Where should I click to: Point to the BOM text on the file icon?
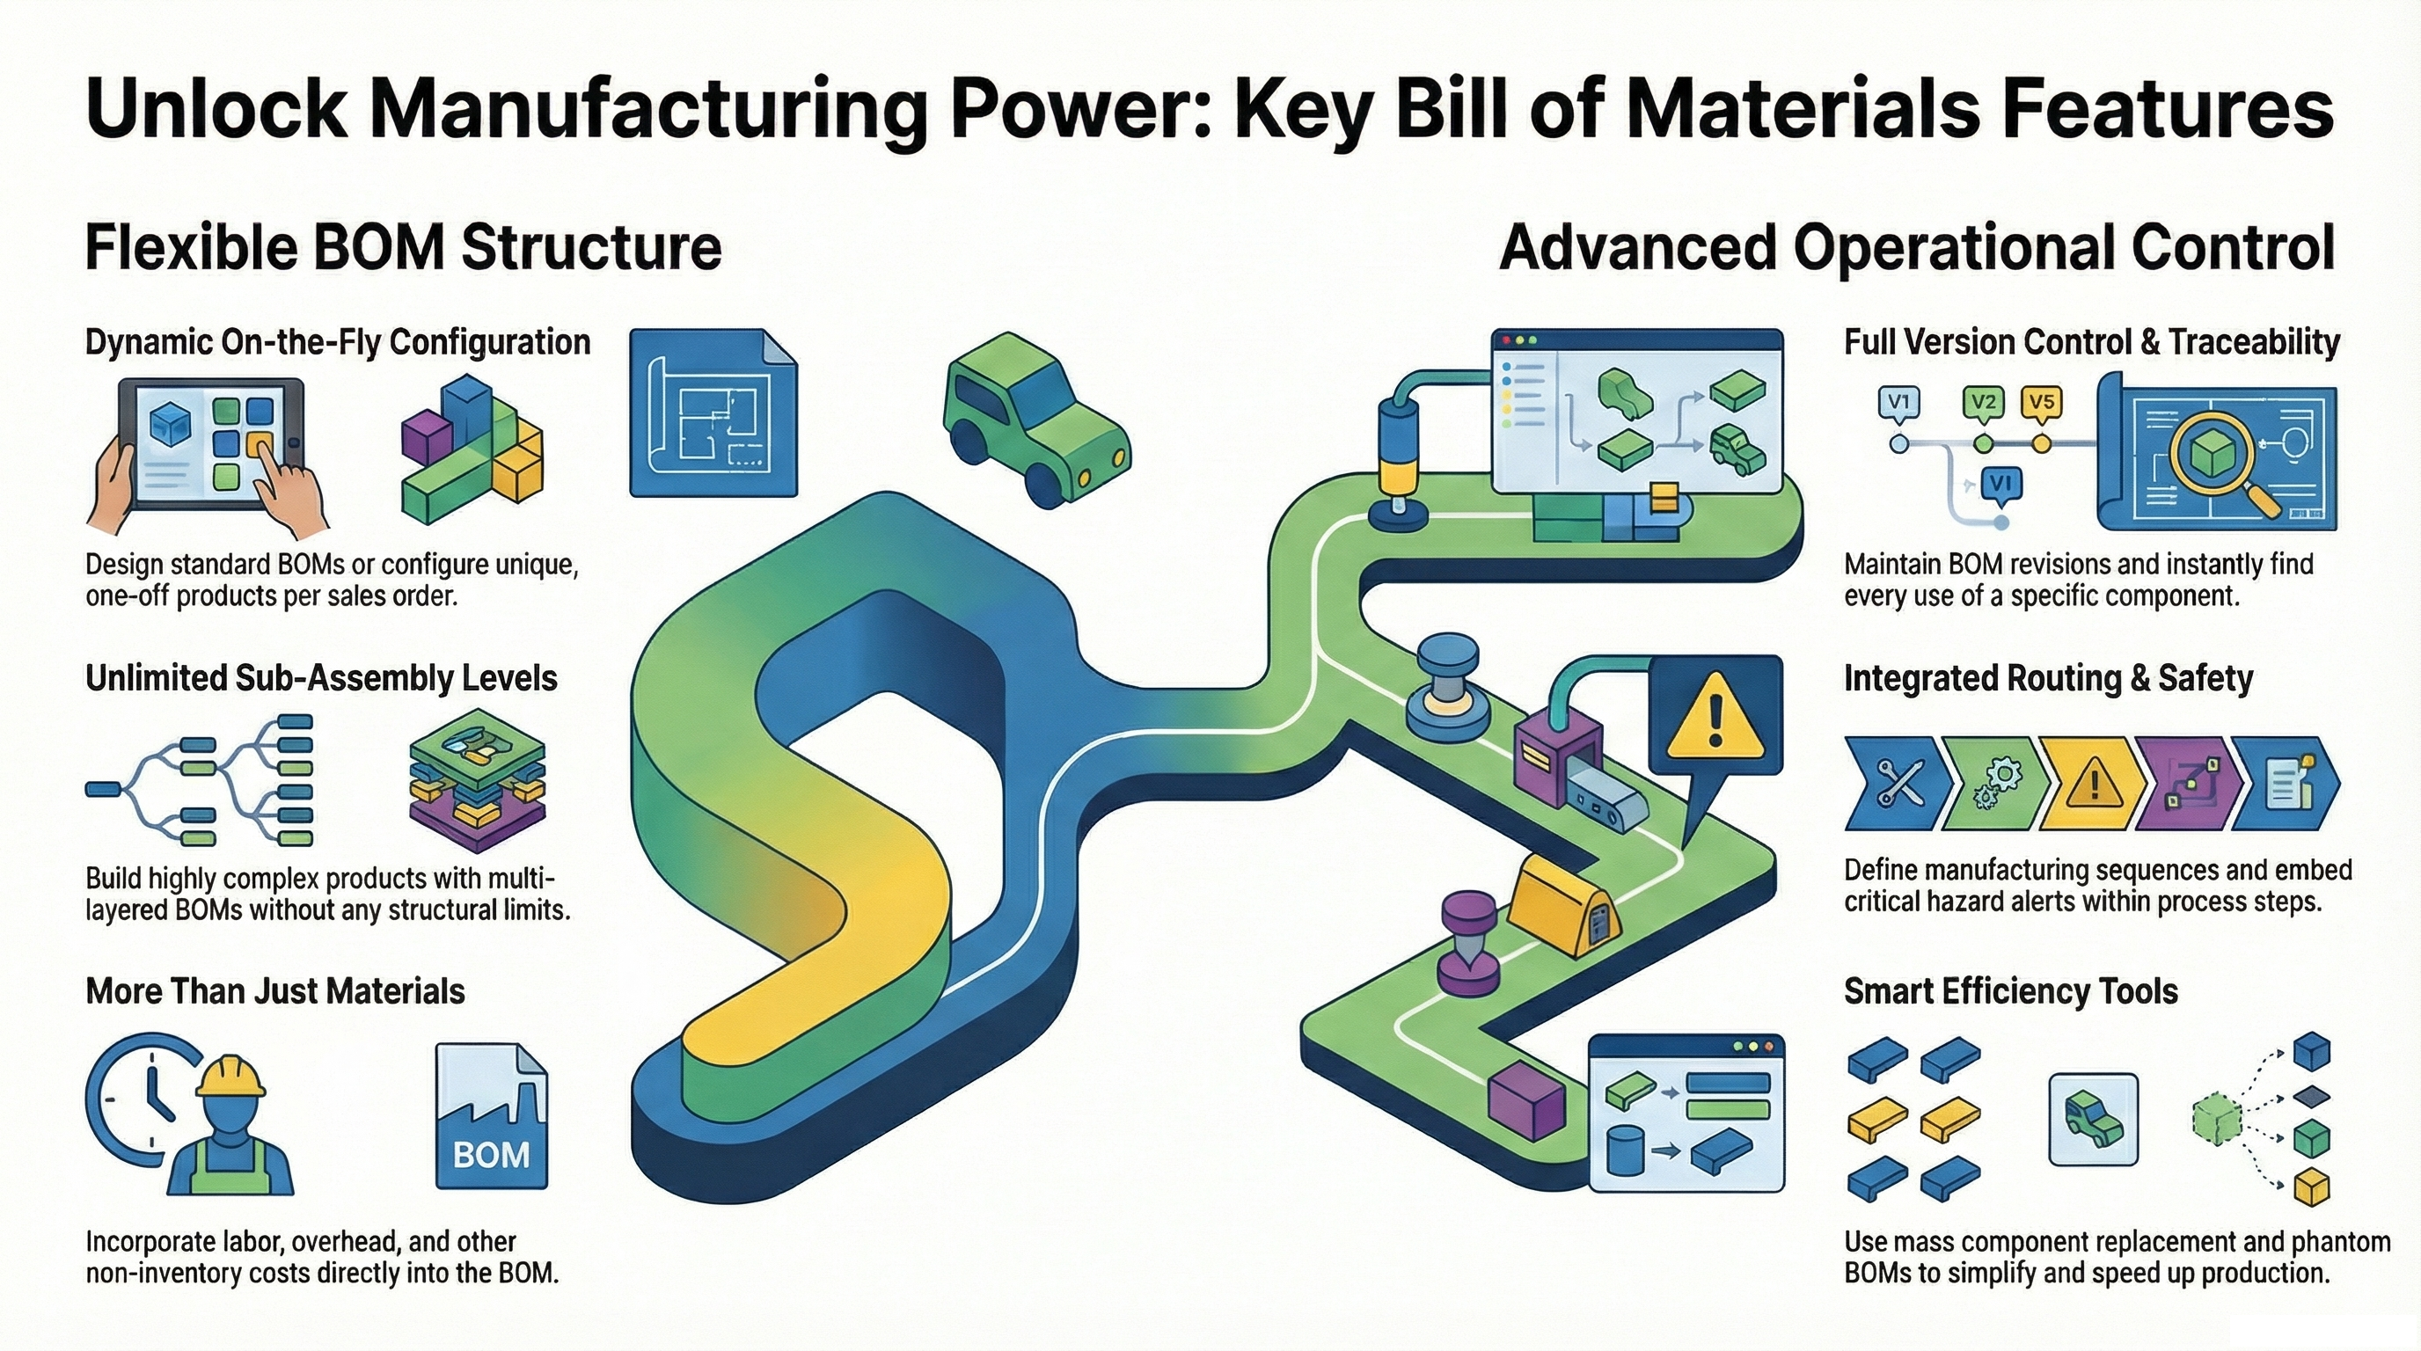(x=491, y=1154)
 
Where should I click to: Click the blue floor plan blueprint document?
(x=713, y=413)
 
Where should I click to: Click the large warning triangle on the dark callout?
(x=1715, y=719)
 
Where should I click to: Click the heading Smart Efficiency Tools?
(x=2010, y=992)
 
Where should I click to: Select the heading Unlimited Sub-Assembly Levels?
(x=321, y=678)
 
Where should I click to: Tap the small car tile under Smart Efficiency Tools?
(x=2093, y=1119)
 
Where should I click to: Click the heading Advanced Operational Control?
(x=1917, y=248)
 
